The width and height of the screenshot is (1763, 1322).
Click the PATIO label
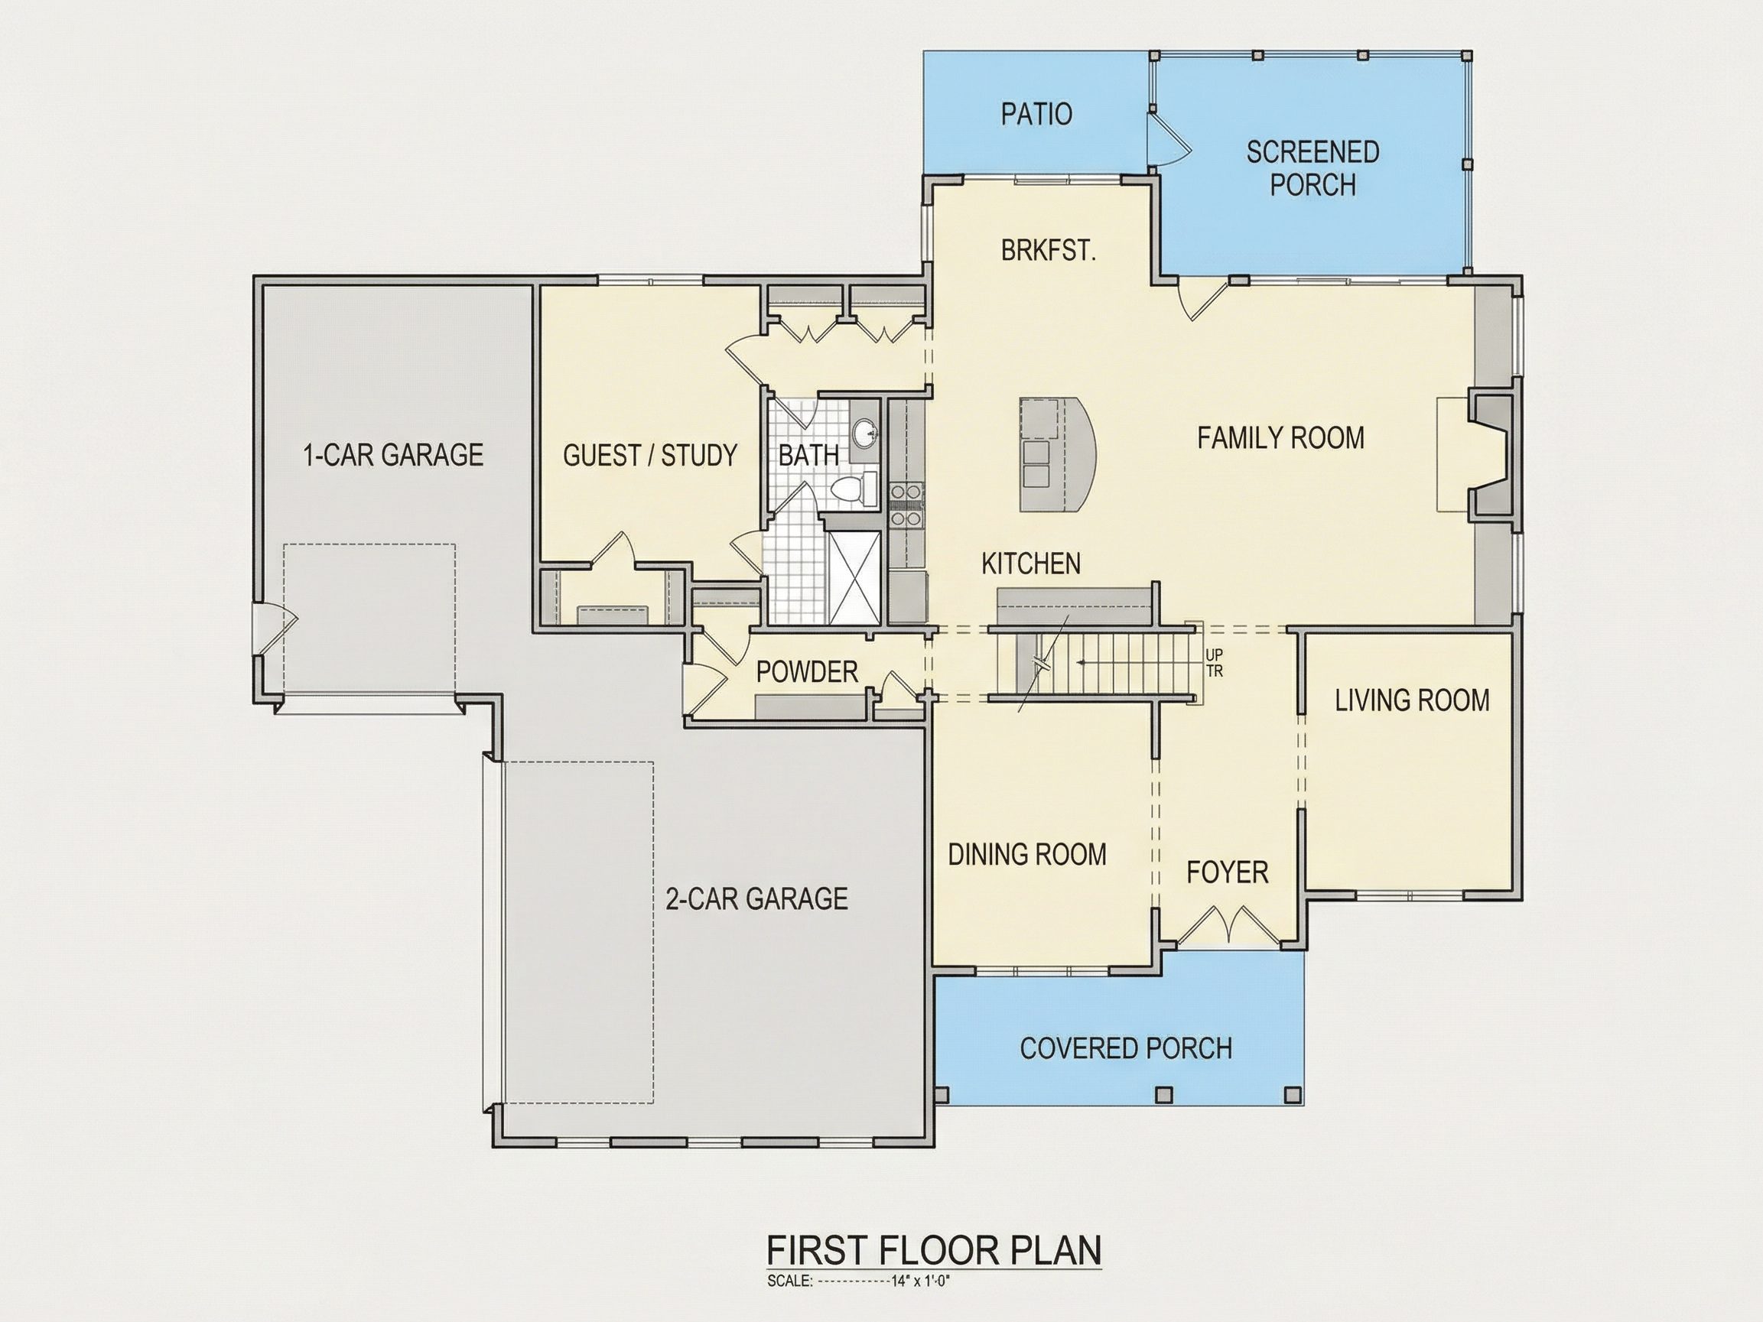click(x=1036, y=114)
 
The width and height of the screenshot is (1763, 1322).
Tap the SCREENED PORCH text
click(x=1312, y=168)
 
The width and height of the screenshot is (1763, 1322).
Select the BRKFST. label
click(x=1048, y=251)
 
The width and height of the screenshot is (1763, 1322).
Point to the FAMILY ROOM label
click(x=1280, y=437)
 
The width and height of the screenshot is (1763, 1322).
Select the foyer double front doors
click(x=1228, y=926)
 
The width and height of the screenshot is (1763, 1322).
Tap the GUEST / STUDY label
click(x=649, y=455)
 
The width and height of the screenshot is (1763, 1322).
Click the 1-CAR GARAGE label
click(x=393, y=454)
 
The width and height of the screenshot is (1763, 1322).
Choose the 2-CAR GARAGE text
click(x=756, y=899)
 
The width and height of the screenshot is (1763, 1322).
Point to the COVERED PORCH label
click(x=1125, y=1048)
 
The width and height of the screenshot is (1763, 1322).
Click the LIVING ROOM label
click(x=1411, y=700)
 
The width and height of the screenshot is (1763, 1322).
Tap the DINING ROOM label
click(x=1026, y=855)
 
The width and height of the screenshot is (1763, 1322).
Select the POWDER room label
click(x=807, y=673)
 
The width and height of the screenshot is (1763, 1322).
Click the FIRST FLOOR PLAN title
click(x=934, y=1250)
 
